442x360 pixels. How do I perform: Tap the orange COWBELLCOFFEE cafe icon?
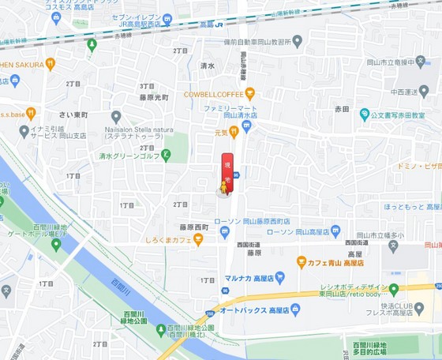(249, 93)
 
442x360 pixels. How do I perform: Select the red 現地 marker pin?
(227, 170)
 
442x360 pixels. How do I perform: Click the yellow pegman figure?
(223, 189)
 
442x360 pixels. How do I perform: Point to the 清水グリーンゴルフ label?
(129, 156)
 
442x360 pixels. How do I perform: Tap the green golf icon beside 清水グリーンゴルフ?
(166, 156)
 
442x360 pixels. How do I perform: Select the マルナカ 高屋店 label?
(253, 278)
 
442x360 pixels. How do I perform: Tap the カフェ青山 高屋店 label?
(335, 261)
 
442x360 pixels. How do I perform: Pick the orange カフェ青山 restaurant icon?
(301, 261)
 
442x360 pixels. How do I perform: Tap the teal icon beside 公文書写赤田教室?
(365, 114)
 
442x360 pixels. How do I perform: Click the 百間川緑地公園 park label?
(134, 317)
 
